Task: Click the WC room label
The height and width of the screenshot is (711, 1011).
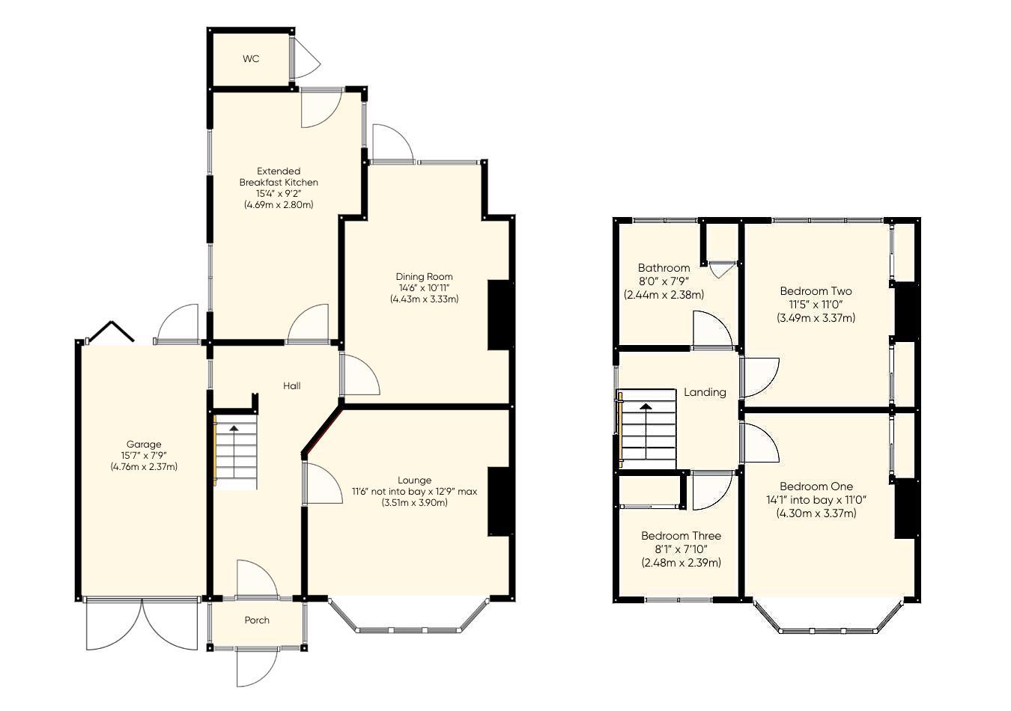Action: click(x=251, y=58)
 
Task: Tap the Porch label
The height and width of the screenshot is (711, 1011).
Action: click(x=257, y=620)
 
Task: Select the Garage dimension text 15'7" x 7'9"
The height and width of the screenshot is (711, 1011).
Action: click(x=143, y=455)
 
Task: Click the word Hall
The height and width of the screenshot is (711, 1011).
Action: click(x=292, y=385)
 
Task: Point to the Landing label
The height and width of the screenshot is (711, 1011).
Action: click(x=705, y=391)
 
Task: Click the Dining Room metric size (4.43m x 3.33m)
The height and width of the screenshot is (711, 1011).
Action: click(x=424, y=299)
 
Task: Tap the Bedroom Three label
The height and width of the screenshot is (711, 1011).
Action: click(x=681, y=536)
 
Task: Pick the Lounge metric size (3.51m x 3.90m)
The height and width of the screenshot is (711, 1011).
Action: click(x=414, y=502)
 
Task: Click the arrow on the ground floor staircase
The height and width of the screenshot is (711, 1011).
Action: click(x=234, y=429)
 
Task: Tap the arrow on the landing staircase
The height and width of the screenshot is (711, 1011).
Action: click(x=645, y=407)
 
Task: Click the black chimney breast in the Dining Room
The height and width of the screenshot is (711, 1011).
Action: click(x=500, y=314)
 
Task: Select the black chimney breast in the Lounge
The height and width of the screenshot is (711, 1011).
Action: click(x=500, y=501)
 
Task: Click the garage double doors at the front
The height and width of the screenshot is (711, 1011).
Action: click(x=142, y=625)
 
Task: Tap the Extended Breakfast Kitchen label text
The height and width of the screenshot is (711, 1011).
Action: click(x=279, y=177)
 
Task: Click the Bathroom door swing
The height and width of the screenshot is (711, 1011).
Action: click(x=712, y=330)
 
